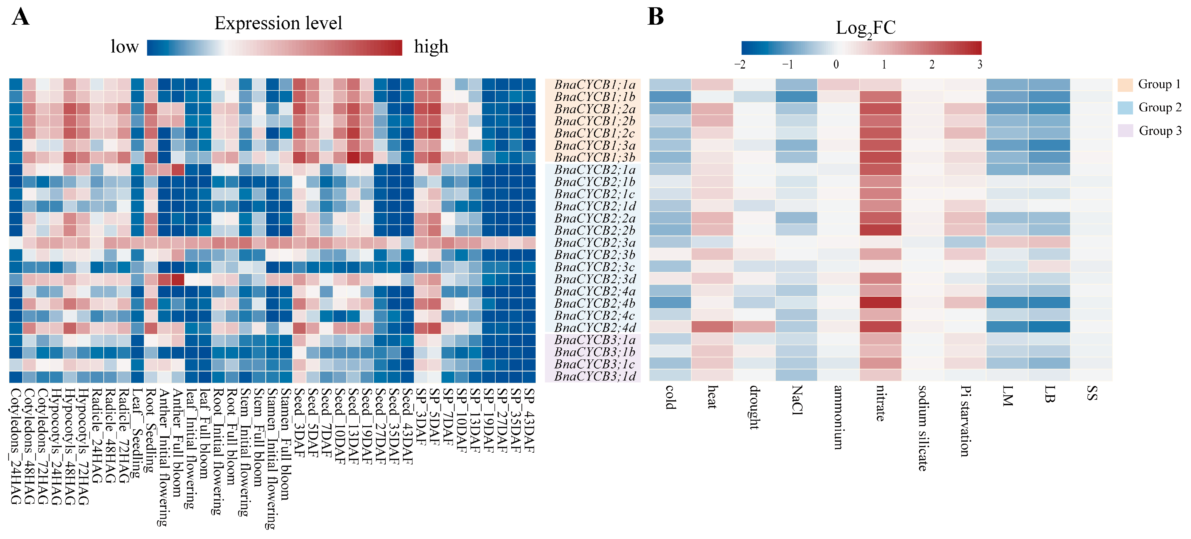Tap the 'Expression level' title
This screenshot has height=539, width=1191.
coord(278,23)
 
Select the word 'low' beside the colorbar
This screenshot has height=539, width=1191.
coord(124,47)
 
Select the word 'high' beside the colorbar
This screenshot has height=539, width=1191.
coord(431,47)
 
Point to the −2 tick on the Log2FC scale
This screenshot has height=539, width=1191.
coord(740,64)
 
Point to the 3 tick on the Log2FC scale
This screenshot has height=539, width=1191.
coord(980,64)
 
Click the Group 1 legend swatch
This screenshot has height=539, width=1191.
coord(1125,85)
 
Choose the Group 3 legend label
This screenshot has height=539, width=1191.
coord(1159,131)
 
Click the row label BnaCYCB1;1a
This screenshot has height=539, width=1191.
coord(595,85)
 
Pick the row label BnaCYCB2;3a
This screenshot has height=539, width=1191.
coord(595,243)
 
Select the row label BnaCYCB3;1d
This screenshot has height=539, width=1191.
coord(595,376)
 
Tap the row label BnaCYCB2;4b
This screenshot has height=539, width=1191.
coord(595,303)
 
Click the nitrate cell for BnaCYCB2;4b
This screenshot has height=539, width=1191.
coord(880,303)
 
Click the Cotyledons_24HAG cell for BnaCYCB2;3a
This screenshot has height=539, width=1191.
coord(16,243)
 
